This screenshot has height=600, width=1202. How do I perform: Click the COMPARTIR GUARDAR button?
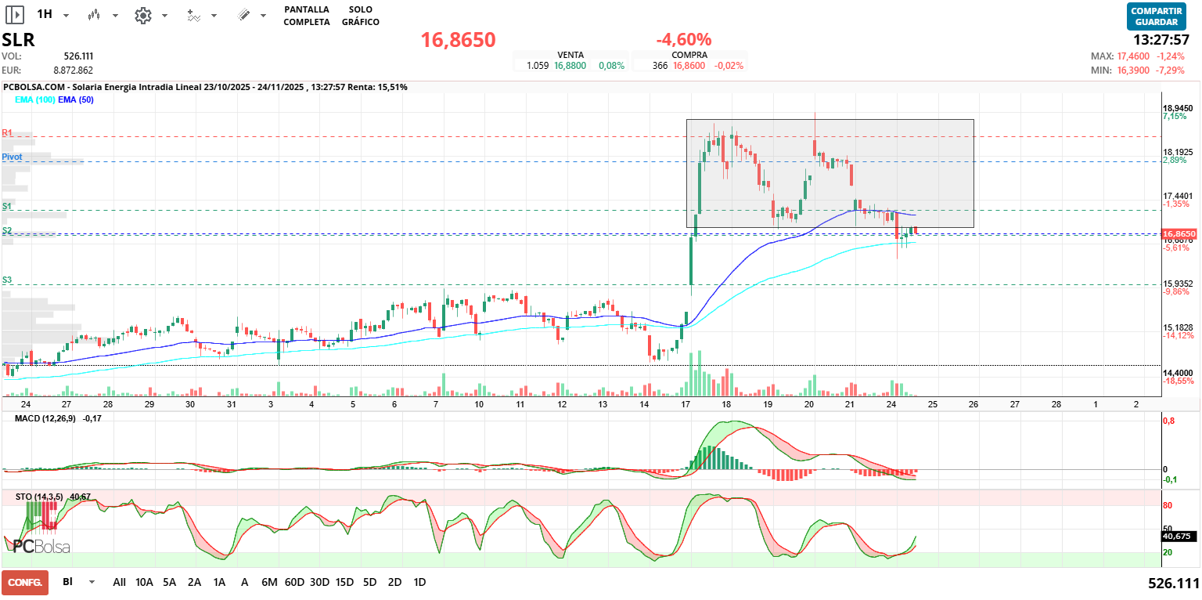[1157, 16]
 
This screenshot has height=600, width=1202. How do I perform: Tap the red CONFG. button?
[25, 582]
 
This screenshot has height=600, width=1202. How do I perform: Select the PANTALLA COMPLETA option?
[307, 16]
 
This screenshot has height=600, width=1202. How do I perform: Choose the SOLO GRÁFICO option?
[360, 16]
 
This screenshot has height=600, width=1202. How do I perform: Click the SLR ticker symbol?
[18, 40]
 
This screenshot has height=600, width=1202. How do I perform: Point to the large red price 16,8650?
[458, 40]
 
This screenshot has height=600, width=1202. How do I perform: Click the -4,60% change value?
[683, 39]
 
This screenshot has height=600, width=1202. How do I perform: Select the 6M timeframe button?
[269, 582]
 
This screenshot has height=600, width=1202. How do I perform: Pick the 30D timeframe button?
[319, 582]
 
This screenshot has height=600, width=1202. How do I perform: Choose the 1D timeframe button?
[419, 582]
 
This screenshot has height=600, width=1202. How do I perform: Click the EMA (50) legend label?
[76, 99]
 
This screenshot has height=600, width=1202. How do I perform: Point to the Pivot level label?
[12, 157]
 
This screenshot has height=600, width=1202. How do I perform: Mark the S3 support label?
[7, 280]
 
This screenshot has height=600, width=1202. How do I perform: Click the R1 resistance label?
[7, 132]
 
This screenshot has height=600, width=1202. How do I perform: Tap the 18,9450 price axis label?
[1178, 108]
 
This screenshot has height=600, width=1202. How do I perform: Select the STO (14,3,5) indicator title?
[41, 497]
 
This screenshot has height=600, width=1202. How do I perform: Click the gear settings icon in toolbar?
[142, 15]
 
